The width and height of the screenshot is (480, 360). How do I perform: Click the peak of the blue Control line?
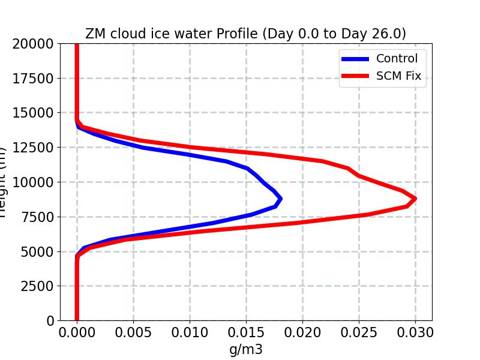pos(280,199)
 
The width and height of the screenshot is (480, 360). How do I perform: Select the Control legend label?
pos(396,58)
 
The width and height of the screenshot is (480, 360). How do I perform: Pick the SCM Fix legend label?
pos(398,76)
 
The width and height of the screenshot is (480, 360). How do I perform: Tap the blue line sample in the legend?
pos(355,59)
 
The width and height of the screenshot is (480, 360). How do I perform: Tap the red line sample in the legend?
pos(355,77)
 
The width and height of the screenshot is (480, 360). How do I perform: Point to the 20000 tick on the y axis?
pos(35,44)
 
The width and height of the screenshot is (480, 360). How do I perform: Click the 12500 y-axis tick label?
pos(35,148)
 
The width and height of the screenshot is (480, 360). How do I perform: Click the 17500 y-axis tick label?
pos(35,79)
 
